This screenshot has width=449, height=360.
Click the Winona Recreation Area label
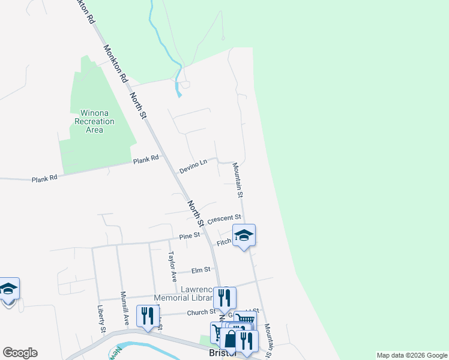tap(93, 121)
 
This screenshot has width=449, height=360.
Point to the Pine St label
tap(189, 236)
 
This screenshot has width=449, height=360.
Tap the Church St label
tap(200, 312)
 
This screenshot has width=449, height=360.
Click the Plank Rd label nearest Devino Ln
tap(146, 159)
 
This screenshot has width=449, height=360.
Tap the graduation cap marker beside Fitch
tap(244, 235)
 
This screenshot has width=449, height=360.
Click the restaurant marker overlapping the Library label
tap(224, 298)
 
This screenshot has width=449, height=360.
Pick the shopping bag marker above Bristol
tap(230, 338)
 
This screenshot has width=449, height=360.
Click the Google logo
tap(20, 353)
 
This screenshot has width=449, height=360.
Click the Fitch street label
tap(223, 243)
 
